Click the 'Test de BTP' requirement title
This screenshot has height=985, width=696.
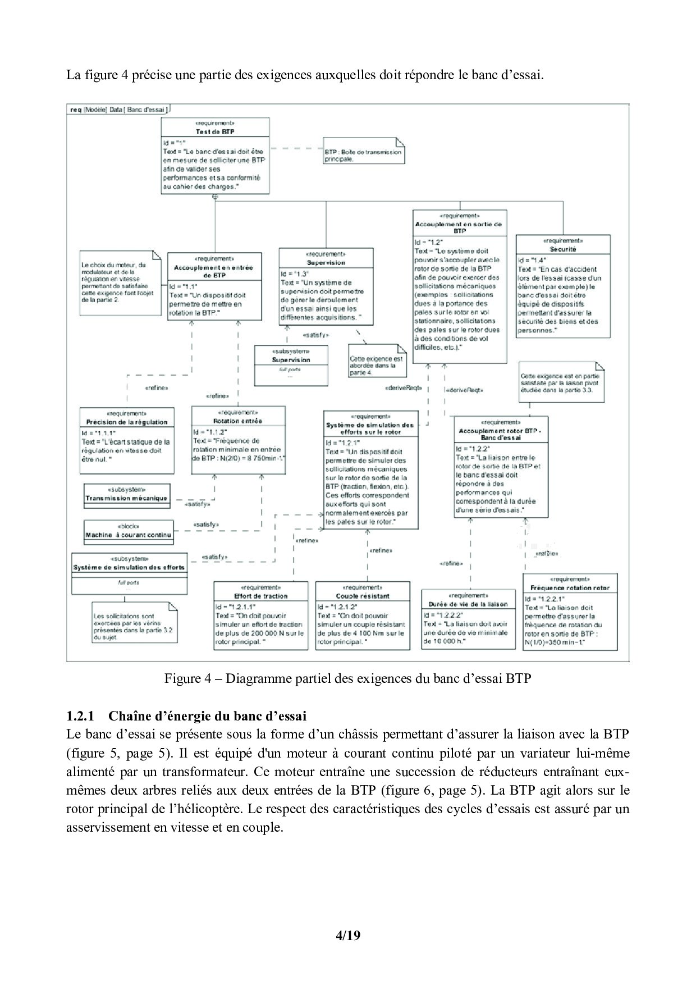[x=215, y=131]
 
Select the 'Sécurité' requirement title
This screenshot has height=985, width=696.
[x=563, y=249]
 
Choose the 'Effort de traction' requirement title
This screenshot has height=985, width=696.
[x=260, y=596]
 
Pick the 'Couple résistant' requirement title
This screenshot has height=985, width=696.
[x=362, y=596]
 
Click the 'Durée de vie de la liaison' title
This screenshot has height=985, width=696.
[x=468, y=604]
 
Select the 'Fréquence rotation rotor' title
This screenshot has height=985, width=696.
[x=570, y=588]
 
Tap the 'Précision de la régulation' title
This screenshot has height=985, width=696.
[x=127, y=422]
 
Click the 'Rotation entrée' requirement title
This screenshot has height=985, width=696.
[x=238, y=421]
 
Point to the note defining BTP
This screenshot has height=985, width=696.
[x=363, y=155]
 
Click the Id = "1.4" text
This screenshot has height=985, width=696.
[x=532, y=260]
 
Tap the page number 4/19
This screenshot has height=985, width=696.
[x=347, y=936]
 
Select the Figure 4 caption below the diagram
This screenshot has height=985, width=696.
[x=347, y=678]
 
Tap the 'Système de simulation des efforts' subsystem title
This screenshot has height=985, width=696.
[x=129, y=567]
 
